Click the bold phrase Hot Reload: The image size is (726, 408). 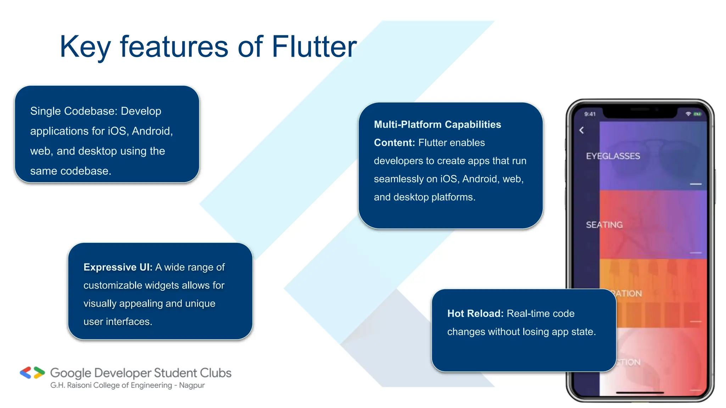click(475, 313)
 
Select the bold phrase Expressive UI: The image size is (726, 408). click(118, 267)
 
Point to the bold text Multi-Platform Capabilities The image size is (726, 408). click(437, 124)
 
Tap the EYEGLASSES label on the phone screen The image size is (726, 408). click(613, 156)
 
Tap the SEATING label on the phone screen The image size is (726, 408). click(604, 225)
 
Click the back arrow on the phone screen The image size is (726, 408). click(581, 130)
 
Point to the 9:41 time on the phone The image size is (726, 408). click(590, 114)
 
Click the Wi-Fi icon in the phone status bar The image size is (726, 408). click(688, 114)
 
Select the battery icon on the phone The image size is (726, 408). click(697, 114)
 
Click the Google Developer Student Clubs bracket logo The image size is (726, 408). click(32, 373)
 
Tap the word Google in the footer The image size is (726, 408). click(71, 373)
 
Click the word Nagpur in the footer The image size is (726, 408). click(192, 385)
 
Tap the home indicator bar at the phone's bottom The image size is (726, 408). click(640, 393)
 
